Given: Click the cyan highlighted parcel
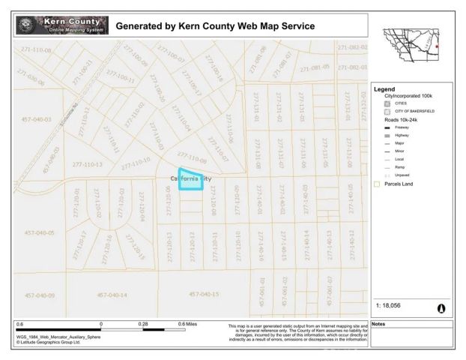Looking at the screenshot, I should pyautogui.click(x=191, y=181).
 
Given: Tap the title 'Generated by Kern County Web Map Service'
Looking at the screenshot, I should pyautogui.click(x=215, y=26).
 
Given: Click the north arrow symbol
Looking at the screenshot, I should pyautogui.click(x=440, y=307).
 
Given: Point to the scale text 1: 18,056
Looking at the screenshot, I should pyautogui.click(x=390, y=307).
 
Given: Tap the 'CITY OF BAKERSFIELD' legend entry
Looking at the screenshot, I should pyautogui.click(x=409, y=111).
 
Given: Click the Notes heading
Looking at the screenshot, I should pyautogui.click(x=379, y=324).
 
